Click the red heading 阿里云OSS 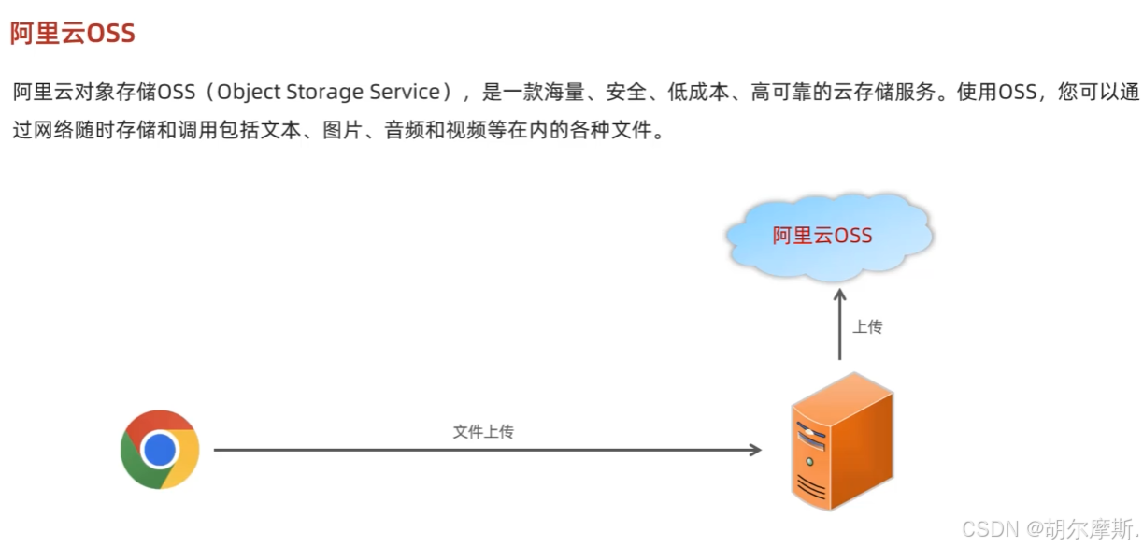[x=73, y=34]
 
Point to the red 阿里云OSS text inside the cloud [x=822, y=235]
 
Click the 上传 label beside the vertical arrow [x=867, y=327]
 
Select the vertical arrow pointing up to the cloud [x=839, y=327]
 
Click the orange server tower [x=841, y=439]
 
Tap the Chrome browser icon [x=160, y=450]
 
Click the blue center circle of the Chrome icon [x=160, y=450]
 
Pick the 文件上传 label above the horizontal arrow [x=483, y=431]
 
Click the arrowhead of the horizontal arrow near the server [x=755, y=450]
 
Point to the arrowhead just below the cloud [x=839, y=294]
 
